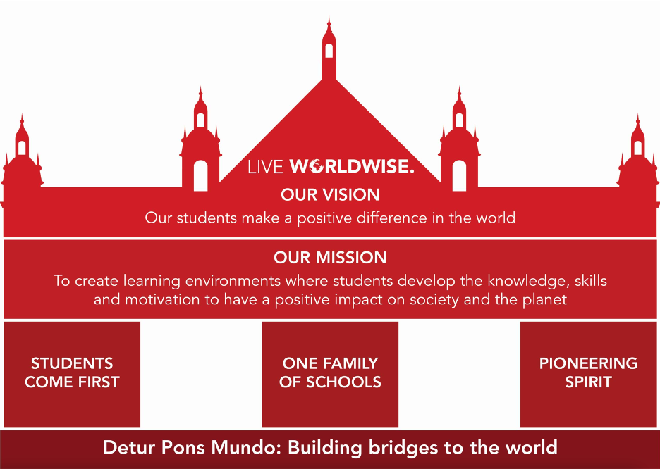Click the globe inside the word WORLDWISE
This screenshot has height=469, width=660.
316,167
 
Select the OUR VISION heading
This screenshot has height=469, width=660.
330,195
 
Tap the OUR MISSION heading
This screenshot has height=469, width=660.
330,258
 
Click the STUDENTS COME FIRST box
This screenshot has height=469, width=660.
72,375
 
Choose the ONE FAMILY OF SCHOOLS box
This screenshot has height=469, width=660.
330,375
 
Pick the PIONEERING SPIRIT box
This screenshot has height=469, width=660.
589,375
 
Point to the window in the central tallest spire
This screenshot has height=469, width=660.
329,51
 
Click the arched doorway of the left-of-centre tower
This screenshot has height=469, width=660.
201,175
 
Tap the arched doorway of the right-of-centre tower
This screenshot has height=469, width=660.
459,175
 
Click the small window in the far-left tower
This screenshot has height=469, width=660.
22,148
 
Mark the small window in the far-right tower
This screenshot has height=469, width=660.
637,148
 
